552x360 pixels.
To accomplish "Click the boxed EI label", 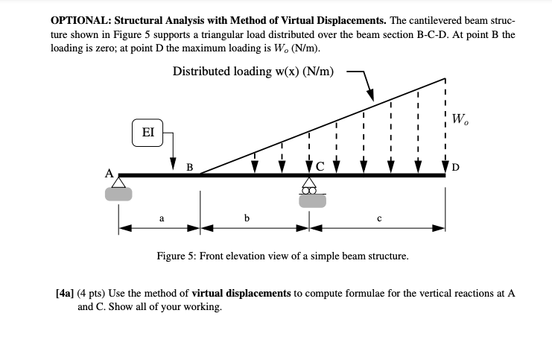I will coord(147,133).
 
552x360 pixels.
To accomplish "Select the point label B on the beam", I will coord(189,167).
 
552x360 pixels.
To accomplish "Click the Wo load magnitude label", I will coord(460,119).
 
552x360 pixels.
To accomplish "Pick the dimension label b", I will coord(247,218).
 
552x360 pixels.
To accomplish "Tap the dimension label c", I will coord(379,218).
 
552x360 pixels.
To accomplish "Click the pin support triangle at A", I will coord(118,183).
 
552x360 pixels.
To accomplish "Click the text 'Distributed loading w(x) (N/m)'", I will coord(253,72).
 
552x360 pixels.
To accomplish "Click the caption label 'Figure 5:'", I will coord(177,256).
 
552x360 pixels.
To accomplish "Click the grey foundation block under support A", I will coord(118,195).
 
